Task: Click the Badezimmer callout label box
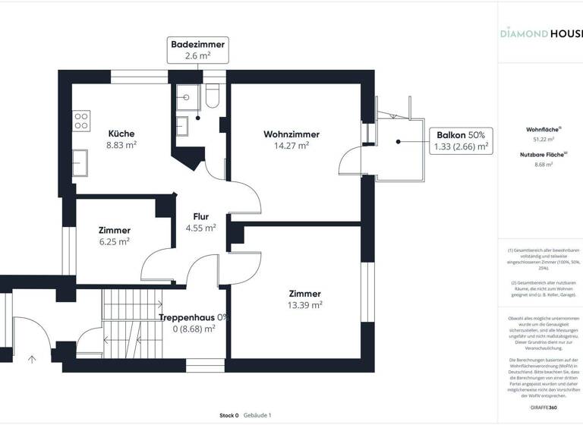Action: pos(197,50)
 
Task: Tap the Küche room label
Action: pos(121,134)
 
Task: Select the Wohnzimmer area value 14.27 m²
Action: pos(291,146)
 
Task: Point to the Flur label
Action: pos(200,216)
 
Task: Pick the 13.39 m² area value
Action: pos(304,305)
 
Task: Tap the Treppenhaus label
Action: pos(187,317)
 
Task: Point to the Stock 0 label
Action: pos(228,415)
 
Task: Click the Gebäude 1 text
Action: pos(257,415)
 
